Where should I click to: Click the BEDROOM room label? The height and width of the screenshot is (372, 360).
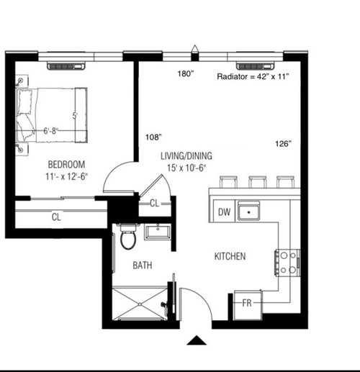66,164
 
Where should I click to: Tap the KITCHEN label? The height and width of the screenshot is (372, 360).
230,256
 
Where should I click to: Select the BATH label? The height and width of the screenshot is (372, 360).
143,266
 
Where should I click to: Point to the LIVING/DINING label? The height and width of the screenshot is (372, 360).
186,156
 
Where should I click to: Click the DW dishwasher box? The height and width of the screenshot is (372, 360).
224,212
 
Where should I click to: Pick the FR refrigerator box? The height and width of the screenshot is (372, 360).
248,304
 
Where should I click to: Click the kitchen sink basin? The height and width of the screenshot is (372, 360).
248,211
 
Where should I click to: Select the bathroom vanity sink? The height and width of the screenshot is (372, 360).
158,232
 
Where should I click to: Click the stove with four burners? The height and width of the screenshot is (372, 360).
287,263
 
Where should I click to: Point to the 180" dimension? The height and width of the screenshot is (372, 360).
186,73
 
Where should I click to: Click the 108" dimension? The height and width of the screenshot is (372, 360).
153,137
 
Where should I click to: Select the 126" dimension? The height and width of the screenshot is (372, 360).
283,144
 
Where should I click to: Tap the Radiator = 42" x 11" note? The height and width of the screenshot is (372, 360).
253,76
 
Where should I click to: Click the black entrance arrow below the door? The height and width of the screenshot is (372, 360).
197,340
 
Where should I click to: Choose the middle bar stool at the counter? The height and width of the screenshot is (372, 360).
257,182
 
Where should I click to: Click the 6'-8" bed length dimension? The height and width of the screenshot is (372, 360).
50,131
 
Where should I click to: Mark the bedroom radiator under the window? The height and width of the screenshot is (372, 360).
66,65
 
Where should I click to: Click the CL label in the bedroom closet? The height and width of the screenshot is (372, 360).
56,217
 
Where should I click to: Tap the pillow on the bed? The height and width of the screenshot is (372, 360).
25,101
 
